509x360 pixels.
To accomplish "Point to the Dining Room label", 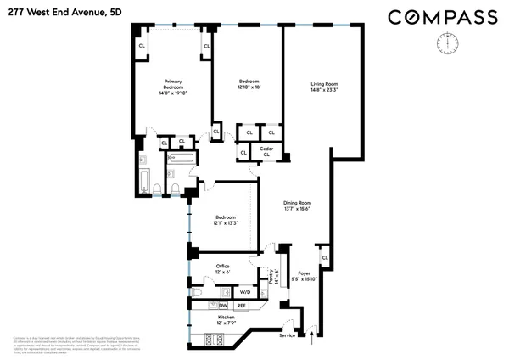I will point(298,203).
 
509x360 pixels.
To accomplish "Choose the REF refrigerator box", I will point(241,306).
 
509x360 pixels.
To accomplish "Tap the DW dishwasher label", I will point(223,306).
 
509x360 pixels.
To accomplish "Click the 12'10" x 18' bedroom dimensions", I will point(248,87).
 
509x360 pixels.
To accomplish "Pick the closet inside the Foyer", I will point(324,256).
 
